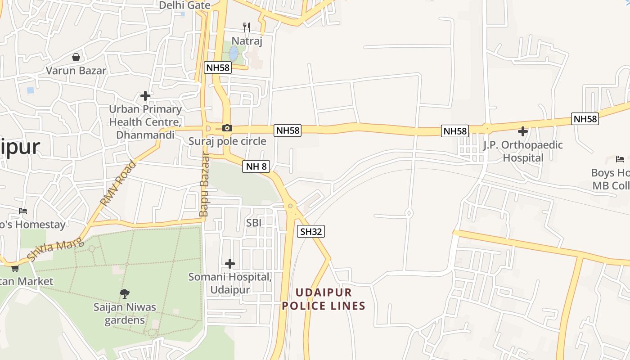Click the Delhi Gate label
coord(184,5)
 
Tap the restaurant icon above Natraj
coord(247,27)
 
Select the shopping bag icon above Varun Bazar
coord(76,57)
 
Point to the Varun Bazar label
coord(76,71)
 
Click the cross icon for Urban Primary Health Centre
coord(145,95)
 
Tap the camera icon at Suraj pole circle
coord(227,128)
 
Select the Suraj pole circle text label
coord(227,141)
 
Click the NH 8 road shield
coord(256,166)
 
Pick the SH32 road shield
coord(311,232)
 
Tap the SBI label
coord(254,223)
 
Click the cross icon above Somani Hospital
coord(230,263)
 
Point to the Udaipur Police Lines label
coord(323,299)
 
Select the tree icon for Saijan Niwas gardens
coord(125,294)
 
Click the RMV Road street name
coord(118,183)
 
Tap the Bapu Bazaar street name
coord(204,184)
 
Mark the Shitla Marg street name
coord(56,250)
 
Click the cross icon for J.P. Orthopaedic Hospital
coord(522,131)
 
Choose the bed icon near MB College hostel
coord(620,159)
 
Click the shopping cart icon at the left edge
coord(15,268)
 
